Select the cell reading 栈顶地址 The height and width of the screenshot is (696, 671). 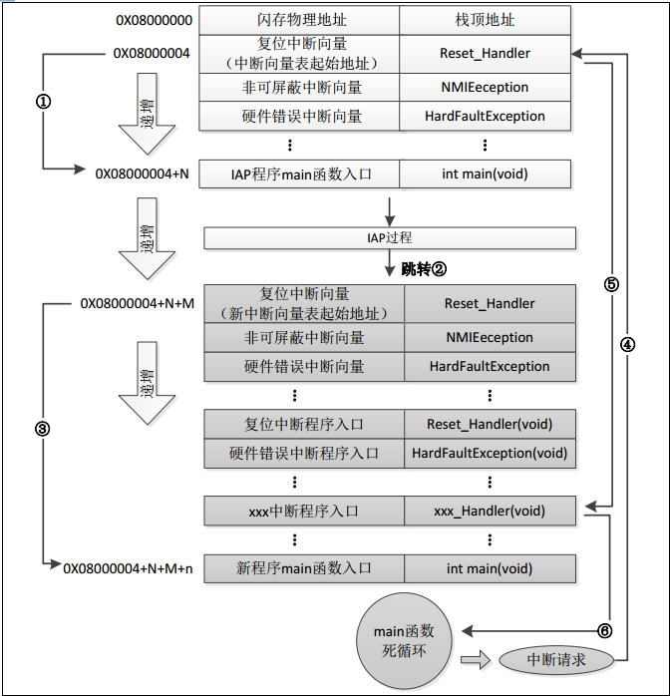485,20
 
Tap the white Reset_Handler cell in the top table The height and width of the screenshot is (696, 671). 485,53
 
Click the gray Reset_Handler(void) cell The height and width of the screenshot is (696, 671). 490,424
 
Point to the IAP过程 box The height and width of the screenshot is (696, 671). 390,238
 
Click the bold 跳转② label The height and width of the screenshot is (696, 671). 424,269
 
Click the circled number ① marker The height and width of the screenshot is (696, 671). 43,102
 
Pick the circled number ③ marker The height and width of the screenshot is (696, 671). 43,428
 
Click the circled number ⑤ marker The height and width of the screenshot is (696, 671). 611,283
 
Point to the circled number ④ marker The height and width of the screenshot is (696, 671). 627,344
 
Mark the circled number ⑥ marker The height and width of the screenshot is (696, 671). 604,630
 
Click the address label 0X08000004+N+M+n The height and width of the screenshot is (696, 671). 127,567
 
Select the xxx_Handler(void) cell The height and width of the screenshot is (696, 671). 490,511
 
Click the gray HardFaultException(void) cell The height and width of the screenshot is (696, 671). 490,453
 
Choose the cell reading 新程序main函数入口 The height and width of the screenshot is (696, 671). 303,568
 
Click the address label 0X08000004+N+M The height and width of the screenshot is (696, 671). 138,302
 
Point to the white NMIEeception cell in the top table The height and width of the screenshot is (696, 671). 485,87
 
